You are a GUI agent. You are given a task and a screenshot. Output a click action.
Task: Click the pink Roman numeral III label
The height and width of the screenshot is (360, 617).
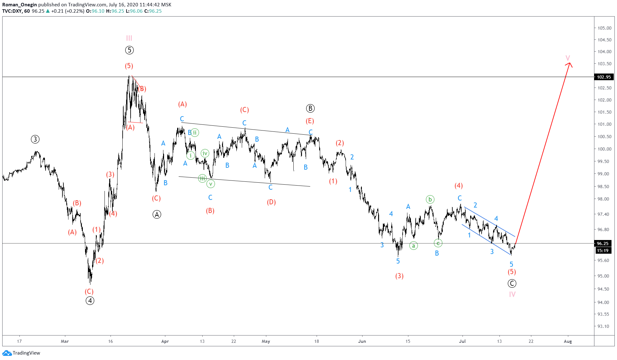tap(129, 38)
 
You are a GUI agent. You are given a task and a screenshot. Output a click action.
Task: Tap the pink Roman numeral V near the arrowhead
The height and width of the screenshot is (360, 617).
tap(568, 58)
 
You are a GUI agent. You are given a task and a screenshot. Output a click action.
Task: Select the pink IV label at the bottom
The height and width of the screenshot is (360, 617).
tap(512, 294)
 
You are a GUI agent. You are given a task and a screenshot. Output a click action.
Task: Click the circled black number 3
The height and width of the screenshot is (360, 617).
tap(35, 139)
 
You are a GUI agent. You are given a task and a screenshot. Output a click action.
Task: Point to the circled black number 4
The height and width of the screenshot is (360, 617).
tap(90, 300)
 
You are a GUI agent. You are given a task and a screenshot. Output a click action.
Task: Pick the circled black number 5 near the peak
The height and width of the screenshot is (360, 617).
tap(129, 50)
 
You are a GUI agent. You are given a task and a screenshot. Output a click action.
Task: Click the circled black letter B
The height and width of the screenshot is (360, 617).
tap(310, 108)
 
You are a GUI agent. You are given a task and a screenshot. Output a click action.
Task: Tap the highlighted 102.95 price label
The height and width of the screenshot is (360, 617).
tap(604, 77)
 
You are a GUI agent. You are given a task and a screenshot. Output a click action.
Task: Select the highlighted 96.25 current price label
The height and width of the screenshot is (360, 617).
tap(602, 244)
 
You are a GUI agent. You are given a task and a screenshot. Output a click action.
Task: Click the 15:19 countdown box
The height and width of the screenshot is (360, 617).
tap(602, 251)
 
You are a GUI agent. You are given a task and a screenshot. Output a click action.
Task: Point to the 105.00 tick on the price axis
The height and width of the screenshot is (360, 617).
tap(604, 28)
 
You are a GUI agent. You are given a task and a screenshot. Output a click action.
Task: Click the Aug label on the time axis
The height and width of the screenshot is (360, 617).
tap(568, 341)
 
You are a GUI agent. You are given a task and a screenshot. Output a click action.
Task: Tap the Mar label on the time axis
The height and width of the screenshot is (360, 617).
tap(65, 341)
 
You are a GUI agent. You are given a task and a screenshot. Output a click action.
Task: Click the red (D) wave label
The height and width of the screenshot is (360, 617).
tap(271, 202)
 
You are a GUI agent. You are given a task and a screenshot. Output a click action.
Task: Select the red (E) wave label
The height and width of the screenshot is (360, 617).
tap(310, 121)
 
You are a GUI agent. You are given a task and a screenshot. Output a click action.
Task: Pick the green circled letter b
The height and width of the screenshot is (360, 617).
tap(430, 200)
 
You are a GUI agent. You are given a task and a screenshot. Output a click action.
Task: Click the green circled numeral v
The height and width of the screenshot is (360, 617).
tap(211, 184)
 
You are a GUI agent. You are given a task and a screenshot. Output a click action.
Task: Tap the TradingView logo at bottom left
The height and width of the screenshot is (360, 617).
tap(21, 353)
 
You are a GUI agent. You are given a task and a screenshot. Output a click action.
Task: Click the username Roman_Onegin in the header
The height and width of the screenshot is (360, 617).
tap(19, 4)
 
